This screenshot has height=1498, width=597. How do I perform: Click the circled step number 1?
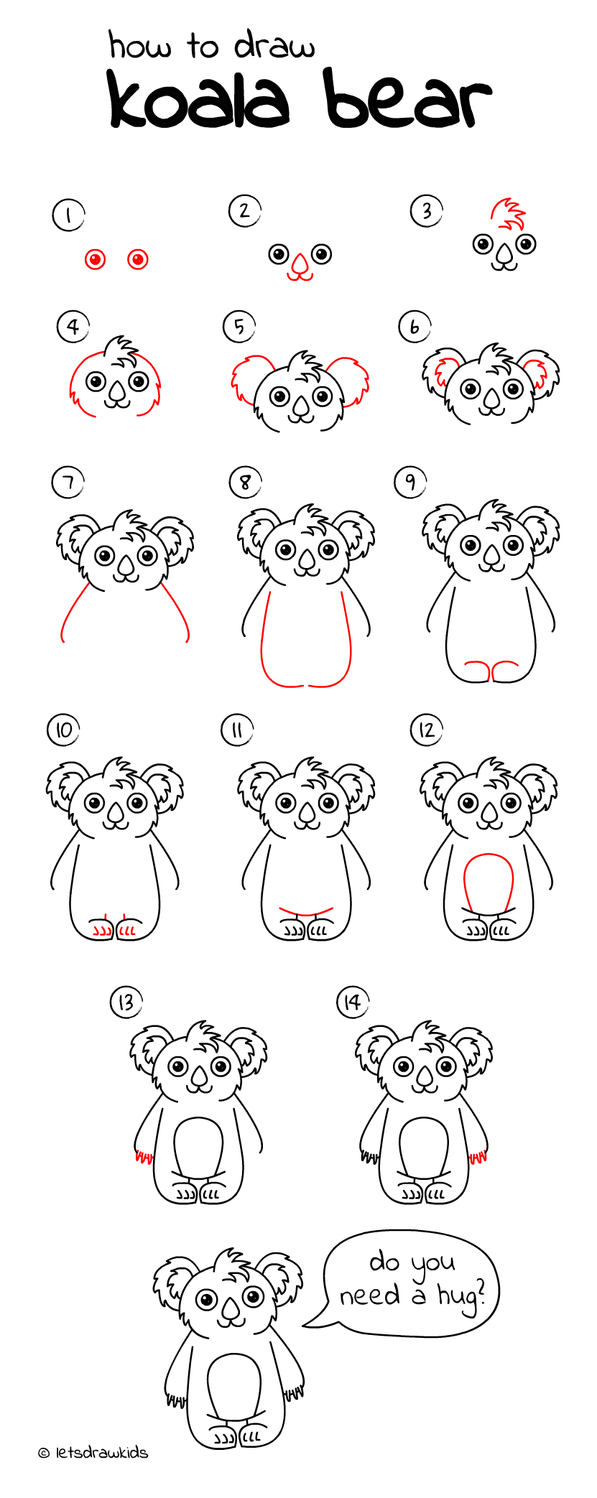(x=68, y=215)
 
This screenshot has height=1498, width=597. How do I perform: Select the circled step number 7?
(x=68, y=482)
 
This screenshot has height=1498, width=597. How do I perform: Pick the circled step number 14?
(x=352, y=1002)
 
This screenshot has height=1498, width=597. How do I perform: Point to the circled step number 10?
(x=63, y=730)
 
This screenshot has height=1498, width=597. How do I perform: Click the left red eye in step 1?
(x=95, y=259)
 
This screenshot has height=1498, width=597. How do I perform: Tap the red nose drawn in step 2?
(x=300, y=266)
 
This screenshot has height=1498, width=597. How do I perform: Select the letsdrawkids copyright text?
(x=93, y=1453)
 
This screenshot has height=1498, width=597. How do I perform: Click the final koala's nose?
(x=231, y=1311)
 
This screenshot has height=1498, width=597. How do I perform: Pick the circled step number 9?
(x=410, y=481)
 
